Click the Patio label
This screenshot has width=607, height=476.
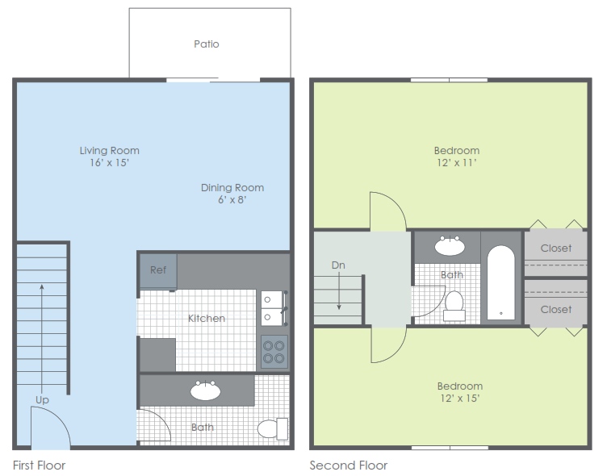click(207, 44)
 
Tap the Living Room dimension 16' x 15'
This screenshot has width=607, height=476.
click(109, 162)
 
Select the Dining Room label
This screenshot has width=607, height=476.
click(232, 188)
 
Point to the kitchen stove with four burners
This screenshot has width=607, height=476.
click(274, 352)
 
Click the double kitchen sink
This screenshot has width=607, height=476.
click(271, 307)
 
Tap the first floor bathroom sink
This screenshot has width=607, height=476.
click(206, 391)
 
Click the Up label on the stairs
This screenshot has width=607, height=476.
click(42, 399)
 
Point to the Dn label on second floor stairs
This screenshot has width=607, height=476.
click(339, 265)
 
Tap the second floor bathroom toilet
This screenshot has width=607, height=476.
click(454, 305)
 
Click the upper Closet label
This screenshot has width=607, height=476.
click(556, 248)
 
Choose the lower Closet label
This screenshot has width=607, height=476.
click(556, 309)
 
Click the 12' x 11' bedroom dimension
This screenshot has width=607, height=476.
click(457, 162)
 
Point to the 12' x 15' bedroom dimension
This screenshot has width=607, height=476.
click(460, 398)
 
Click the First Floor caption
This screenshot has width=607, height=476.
click(40, 466)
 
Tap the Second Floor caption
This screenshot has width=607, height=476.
click(349, 466)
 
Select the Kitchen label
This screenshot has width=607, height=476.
click(207, 318)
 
